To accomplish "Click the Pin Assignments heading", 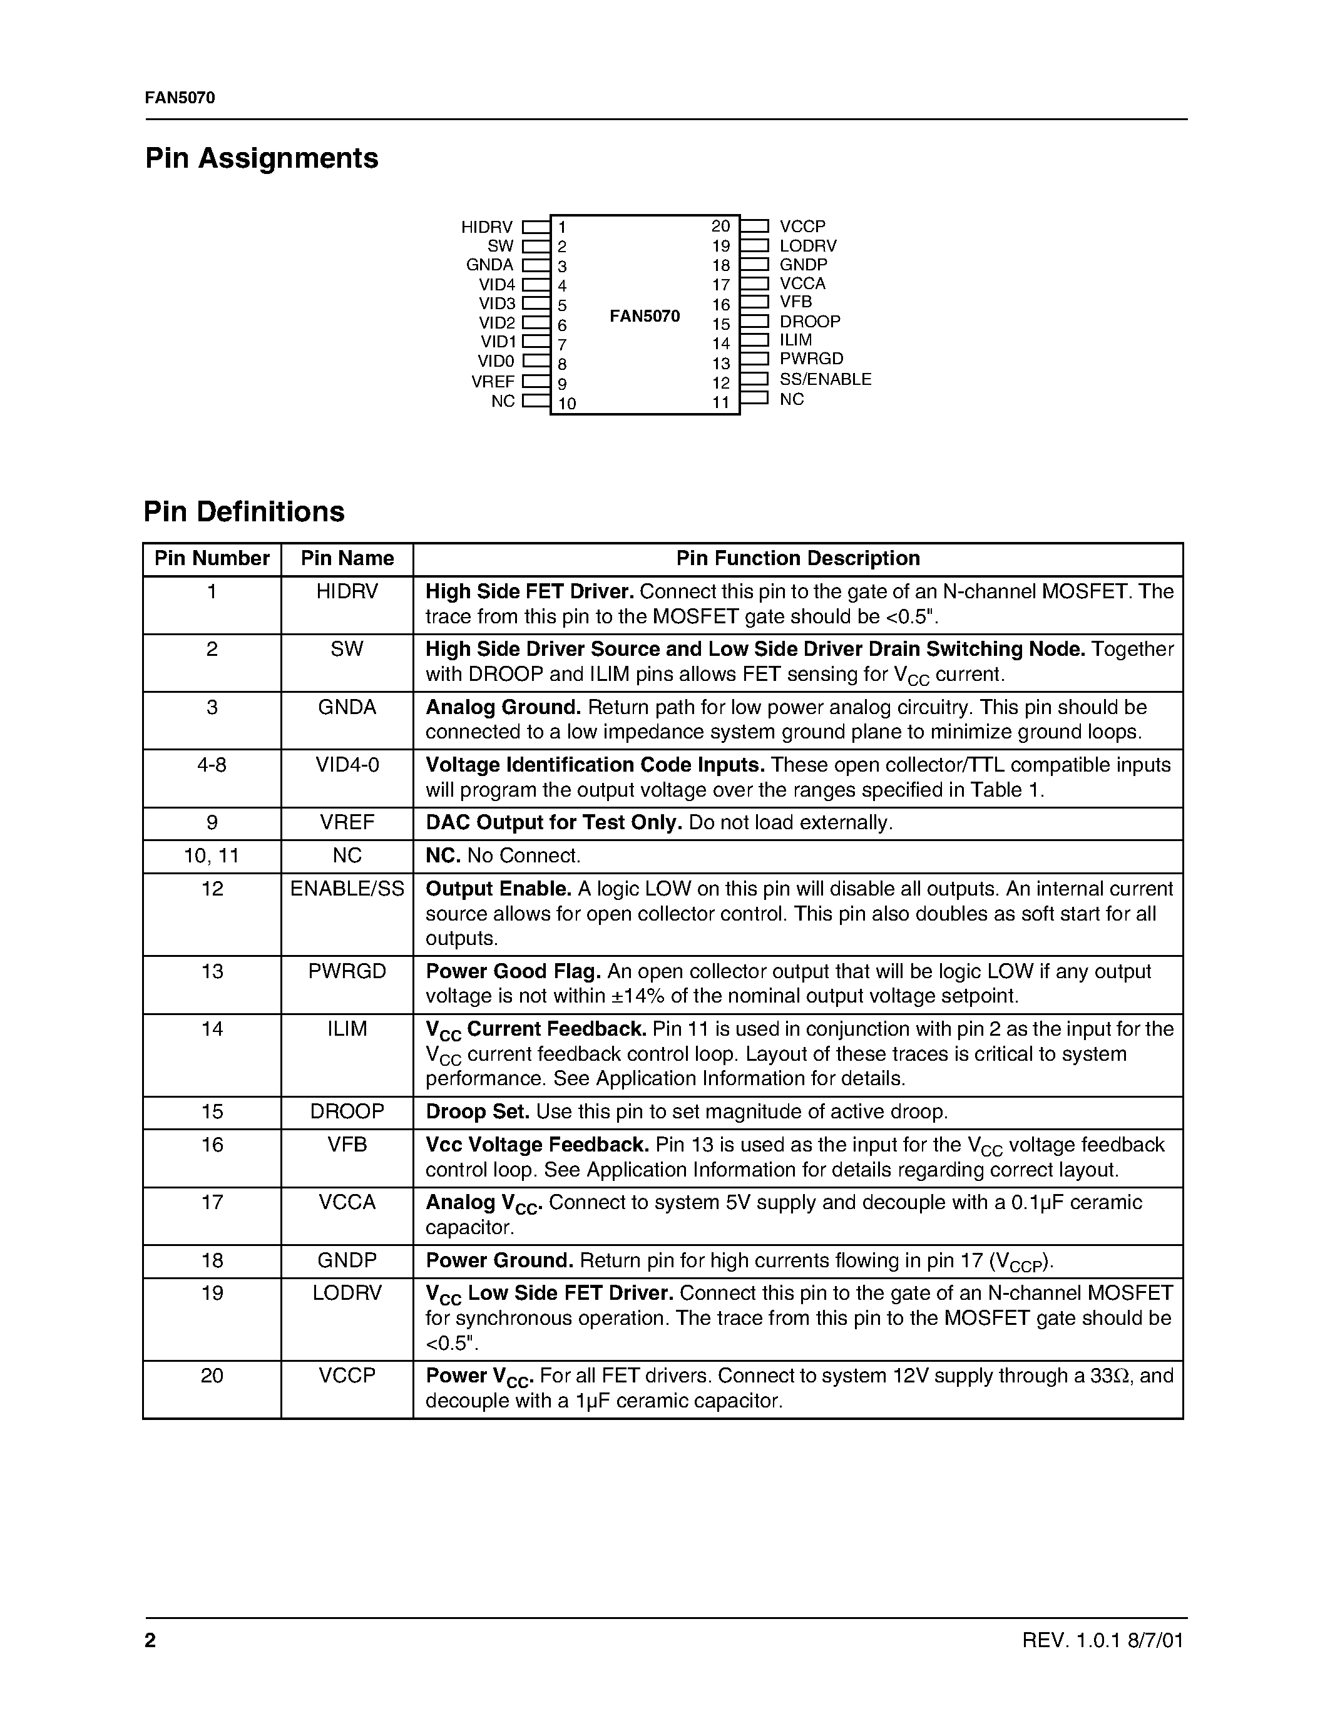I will coord(262,158).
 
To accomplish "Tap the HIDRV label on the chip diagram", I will coord(486,227).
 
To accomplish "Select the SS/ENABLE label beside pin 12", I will coord(825,379).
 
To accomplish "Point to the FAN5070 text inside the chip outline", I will coord(645,316).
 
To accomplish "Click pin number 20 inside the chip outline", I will coord(720,226).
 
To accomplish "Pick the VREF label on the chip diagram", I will coord(493,381).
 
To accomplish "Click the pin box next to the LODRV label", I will coord(754,246).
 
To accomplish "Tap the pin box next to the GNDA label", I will coord(536,265).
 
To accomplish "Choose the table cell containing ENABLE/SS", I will coord(347,889).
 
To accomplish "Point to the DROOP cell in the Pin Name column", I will coord(347,1112).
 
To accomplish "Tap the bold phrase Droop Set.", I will coord(478,1112).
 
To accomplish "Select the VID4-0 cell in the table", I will coord(347,765).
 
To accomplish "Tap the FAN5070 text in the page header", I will coord(180,98).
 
